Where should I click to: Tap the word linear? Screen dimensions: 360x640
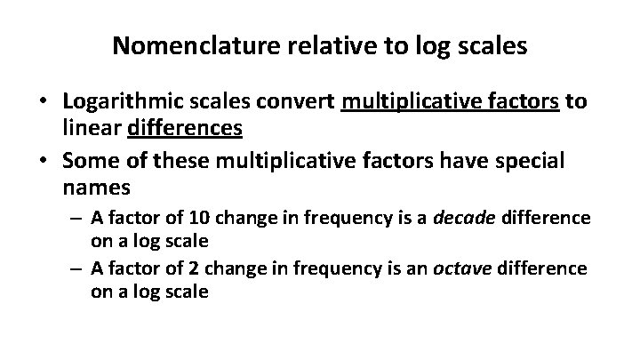[92, 129]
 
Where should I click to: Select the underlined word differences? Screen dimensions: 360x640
[186, 129]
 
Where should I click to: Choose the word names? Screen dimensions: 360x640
[97, 189]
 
